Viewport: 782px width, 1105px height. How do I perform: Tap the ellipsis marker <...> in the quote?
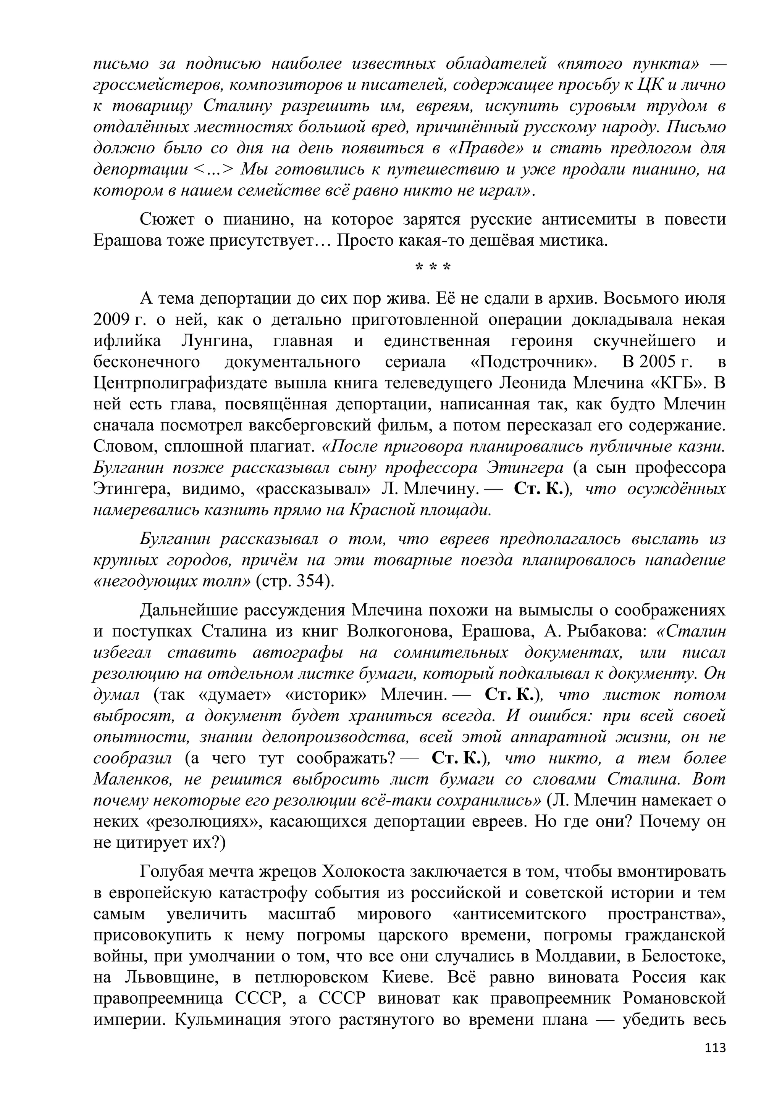tap(215, 169)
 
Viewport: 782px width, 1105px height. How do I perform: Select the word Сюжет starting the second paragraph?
tap(166, 219)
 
